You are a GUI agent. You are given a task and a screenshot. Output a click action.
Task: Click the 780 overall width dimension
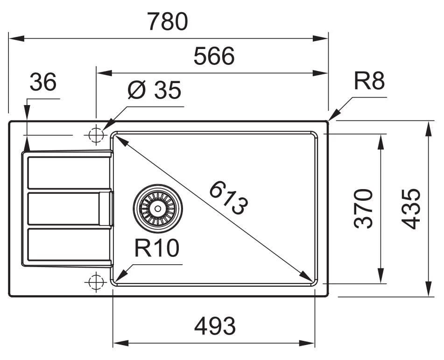[x=168, y=21]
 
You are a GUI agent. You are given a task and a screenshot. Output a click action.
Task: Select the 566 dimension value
[x=214, y=57]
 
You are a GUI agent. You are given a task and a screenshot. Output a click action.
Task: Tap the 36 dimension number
[x=42, y=83]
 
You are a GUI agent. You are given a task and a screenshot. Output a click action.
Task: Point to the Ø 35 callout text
[x=154, y=91]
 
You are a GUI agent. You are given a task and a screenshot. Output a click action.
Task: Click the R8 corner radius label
[x=369, y=82]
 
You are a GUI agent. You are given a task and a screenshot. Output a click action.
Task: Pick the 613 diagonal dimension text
[x=228, y=198]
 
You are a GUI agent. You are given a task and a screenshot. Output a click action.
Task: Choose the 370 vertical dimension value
[x=364, y=208]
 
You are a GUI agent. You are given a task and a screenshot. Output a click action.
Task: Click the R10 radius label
[x=157, y=249]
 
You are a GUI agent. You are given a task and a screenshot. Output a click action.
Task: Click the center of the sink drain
[x=157, y=208]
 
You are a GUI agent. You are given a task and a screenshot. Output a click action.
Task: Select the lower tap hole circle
[x=96, y=281]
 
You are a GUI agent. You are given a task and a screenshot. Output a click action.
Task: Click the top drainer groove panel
[x=68, y=172]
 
